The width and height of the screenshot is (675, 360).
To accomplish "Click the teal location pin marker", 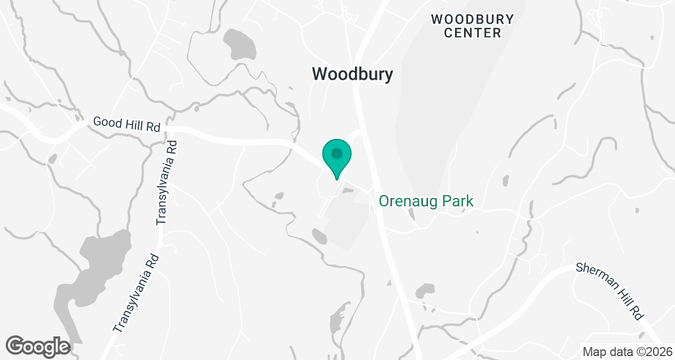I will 336,157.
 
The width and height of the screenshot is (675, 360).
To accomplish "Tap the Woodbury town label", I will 352,74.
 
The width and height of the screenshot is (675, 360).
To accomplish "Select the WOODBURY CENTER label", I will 472,26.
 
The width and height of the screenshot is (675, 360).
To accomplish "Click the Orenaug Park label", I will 426,201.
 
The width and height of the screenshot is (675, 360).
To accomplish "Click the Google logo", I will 38,345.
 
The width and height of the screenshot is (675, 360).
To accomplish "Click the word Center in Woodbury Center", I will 472,33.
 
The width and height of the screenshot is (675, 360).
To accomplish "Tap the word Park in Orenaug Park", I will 457,201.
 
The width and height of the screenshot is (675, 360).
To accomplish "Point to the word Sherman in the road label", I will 593,276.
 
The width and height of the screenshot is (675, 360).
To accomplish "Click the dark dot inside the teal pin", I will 336,153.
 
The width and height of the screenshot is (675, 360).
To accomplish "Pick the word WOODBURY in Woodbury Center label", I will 472,19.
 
